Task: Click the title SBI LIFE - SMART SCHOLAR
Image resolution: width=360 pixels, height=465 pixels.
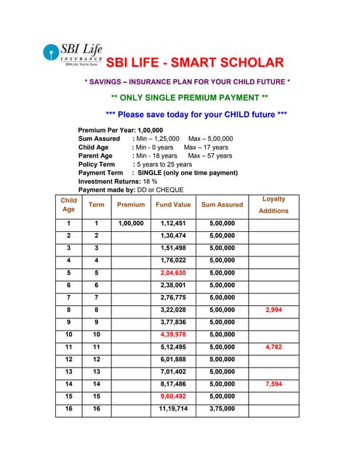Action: pyautogui.click(x=195, y=62)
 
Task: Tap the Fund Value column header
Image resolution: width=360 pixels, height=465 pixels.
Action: pyautogui.click(x=173, y=205)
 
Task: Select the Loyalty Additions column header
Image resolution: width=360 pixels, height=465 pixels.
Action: pyautogui.click(x=273, y=204)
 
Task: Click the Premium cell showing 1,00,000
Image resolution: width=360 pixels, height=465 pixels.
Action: pyautogui.click(x=131, y=223)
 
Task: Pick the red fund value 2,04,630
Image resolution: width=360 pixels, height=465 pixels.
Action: pyautogui.click(x=173, y=272)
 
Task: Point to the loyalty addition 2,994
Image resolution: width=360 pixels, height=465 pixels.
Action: pyautogui.click(x=273, y=310)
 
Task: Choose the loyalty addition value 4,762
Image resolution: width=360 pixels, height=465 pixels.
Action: pyautogui.click(x=273, y=347)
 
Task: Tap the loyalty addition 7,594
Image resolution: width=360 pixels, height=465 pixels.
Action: pyautogui.click(x=273, y=384)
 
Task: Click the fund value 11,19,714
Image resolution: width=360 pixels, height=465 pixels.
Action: pyautogui.click(x=173, y=409)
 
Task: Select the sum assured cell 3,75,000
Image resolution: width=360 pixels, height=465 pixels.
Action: pyautogui.click(x=222, y=409)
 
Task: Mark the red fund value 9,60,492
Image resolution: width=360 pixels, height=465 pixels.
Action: pyautogui.click(x=173, y=396)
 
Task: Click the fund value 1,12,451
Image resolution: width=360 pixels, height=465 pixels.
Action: pyautogui.click(x=173, y=223)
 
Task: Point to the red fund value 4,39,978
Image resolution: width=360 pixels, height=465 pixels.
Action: pyautogui.click(x=173, y=334)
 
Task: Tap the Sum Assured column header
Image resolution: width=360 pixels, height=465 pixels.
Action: pyautogui.click(x=222, y=205)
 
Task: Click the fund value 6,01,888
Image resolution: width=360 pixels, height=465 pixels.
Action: pyautogui.click(x=173, y=359)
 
